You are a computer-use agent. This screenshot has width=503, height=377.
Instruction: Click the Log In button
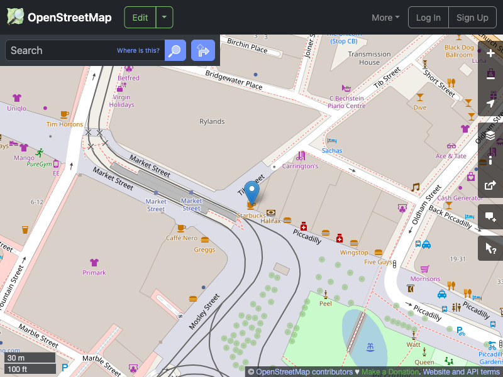pos(428,18)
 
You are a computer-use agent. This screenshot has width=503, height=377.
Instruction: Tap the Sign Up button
pos(472,18)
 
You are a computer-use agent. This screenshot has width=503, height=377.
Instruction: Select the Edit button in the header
pos(140,18)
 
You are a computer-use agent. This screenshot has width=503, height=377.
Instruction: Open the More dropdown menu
pos(385,18)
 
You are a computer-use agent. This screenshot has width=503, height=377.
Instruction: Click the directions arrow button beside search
pos(203,50)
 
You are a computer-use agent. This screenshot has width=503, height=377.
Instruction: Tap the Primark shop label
pos(94,273)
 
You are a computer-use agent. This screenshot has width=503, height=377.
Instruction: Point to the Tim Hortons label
pos(65,124)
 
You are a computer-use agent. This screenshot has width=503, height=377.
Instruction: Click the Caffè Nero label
pos(181,238)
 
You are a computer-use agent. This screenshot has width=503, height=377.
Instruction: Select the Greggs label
pos(205,249)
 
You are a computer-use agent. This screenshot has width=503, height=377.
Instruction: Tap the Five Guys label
pos(378,262)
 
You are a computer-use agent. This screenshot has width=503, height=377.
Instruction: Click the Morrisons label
pos(425,278)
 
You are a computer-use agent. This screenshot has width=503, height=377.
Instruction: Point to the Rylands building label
pos(212,121)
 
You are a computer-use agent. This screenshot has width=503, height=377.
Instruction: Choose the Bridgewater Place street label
pos(233,79)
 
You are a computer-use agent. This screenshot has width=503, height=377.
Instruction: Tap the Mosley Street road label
pos(204,311)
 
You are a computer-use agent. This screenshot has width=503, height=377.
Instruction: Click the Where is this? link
pos(138,50)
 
